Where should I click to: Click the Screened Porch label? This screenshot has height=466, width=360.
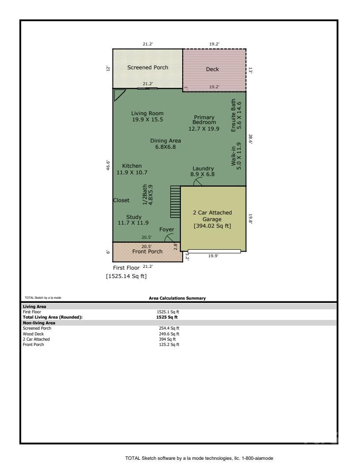point(148,68)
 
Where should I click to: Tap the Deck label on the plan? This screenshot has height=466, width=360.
point(212,69)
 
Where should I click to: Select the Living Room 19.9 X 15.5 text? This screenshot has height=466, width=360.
point(147,116)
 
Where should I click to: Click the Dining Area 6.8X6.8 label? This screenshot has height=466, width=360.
point(165,144)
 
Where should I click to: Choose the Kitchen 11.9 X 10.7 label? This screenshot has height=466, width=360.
point(132,169)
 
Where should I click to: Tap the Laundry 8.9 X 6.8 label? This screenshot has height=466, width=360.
point(203,171)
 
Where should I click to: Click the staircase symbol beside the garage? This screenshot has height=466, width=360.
point(176,202)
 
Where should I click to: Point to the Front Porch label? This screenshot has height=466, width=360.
point(147,252)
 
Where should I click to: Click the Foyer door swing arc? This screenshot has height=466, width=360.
point(169,238)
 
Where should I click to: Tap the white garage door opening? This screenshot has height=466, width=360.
point(214,252)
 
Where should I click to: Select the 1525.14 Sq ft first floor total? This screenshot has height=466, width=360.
point(125,276)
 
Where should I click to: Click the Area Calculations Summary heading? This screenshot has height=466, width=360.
point(177,298)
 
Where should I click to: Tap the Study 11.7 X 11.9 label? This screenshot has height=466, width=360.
point(133,220)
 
